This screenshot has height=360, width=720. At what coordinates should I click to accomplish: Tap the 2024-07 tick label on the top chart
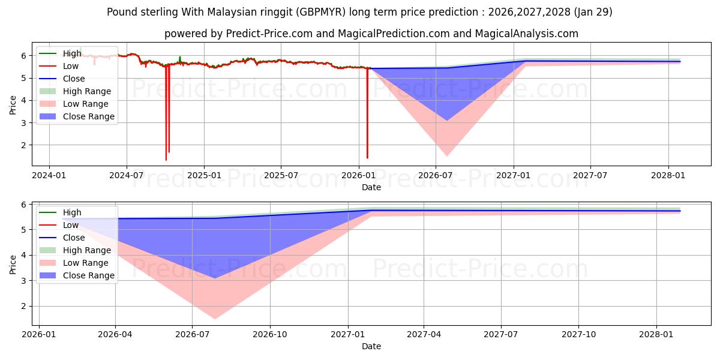coord(126,175)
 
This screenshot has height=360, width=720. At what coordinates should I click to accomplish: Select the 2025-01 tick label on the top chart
coord(204,175)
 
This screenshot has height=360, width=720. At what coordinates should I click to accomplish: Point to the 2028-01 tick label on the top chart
coord(668,175)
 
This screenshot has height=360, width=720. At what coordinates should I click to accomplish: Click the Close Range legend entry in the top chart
coord(88,116)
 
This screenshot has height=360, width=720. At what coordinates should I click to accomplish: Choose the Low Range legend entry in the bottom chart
coord(85,263)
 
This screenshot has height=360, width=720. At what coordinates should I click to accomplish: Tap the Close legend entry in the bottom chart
coord(74,238)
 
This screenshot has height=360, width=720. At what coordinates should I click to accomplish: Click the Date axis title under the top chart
coord(371,187)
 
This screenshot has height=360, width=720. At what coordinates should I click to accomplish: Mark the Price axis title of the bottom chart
coord(13,263)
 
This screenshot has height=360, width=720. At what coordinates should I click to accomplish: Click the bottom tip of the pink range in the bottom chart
coord(214,319)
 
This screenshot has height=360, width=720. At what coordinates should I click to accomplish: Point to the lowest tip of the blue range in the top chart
coord(446,120)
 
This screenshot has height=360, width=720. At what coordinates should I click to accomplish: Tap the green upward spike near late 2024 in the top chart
coord(179,58)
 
